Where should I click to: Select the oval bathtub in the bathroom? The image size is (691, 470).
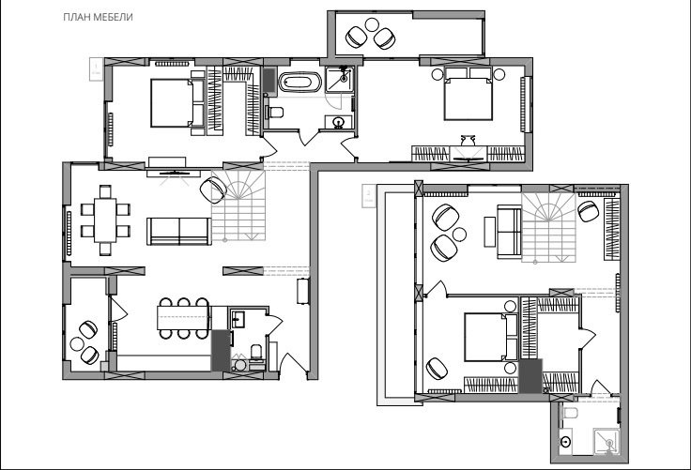pyautogui.click(x=299, y=82)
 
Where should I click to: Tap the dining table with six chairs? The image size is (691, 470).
pyautogui.click(x=105, y=220)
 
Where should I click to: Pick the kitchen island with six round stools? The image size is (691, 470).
pyautogui.click(x=183, y=318)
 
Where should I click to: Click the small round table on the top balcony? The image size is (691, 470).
pyautogui.click(x=372, y=24)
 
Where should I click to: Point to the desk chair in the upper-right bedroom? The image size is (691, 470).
pyautogui.click(x=468, y=141)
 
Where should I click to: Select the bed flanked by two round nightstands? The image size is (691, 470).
pyautogui.click(x=468, y=94)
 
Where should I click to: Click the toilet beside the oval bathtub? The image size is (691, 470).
pyautogui.click(x=274, y=113)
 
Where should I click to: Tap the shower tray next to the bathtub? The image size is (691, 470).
pyautogui.click(x=339, y=80)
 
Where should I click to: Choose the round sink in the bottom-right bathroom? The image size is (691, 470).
pyautogui.click(x=565, y=440)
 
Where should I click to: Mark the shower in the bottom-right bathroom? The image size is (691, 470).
pyautogui.click(x=607, y=441)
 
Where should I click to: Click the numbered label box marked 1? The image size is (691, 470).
pyautogui.click(x=96, y=69)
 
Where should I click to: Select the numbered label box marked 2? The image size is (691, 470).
pyautogui.click(x=368, y=196)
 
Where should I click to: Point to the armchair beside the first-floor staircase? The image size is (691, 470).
pyautogui.click(x=213, y=190)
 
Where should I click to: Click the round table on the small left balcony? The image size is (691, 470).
pyautogui.click(x=77, y=343)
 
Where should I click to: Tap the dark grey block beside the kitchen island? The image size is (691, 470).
pyautogui.click(x=222, y=351)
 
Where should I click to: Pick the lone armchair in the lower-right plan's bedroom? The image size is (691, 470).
pyautogui.click(x=437, y=369)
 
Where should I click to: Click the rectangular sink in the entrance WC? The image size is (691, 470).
pyautogui.click(x=238, y=319)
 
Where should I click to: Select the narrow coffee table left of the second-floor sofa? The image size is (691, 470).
pyautogui.click(x=489, y=232)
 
